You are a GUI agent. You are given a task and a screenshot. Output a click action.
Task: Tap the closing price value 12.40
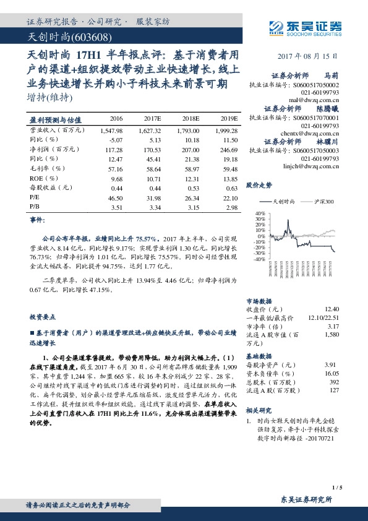(332, 308)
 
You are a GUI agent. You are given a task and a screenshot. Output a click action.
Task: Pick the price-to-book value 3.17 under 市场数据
(333, 325)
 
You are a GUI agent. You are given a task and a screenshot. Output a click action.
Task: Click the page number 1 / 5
(336, 488)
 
